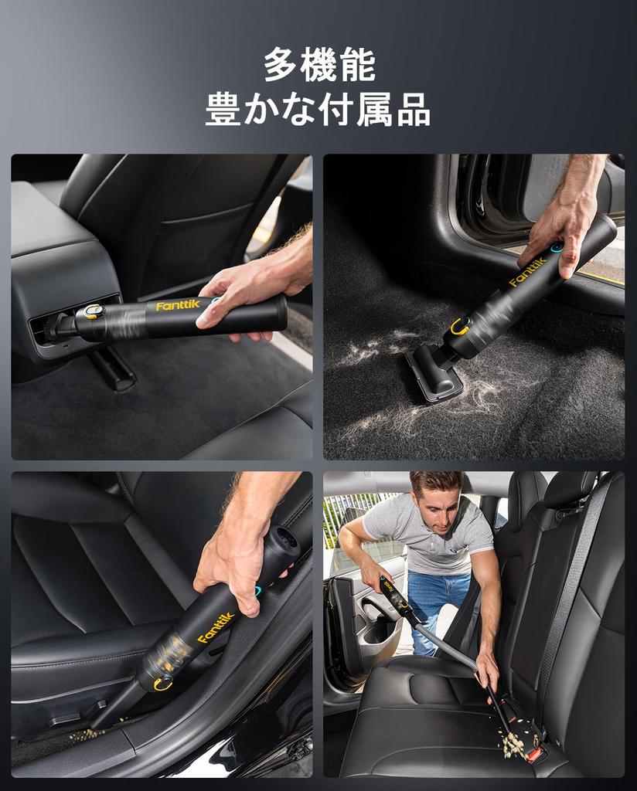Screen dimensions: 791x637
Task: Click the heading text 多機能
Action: (318, 65)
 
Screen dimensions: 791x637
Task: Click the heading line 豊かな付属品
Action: (318, 110)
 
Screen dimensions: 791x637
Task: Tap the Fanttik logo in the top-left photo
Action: (178, 306)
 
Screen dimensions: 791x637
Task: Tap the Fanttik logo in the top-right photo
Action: (528, 272)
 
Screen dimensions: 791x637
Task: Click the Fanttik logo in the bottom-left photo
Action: (216, 627)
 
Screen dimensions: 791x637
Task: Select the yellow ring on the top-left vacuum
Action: (94, 311)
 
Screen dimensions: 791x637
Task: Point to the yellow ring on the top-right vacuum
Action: (460, 326)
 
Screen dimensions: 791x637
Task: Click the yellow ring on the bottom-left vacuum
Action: (163, 684)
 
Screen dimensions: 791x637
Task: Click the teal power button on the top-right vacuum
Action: (557, 248)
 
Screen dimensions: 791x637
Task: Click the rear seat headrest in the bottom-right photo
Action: (567, 490)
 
